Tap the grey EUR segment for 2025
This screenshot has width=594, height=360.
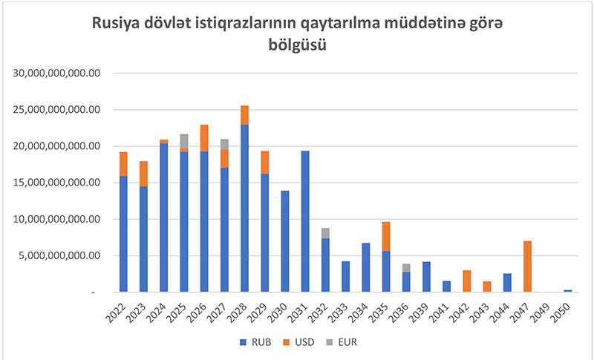click(184, 140)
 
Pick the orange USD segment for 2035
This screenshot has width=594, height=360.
click(386, 236)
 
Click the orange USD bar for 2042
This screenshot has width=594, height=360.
click(467, 281)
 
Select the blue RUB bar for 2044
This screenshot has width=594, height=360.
click(507, 283)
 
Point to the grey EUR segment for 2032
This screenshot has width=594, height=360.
click(325, 233)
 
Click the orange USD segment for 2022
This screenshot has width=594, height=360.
click(123, 164)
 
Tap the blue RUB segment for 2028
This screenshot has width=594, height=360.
click(244, 208)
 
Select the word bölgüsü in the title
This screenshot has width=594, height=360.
click(297, 46)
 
